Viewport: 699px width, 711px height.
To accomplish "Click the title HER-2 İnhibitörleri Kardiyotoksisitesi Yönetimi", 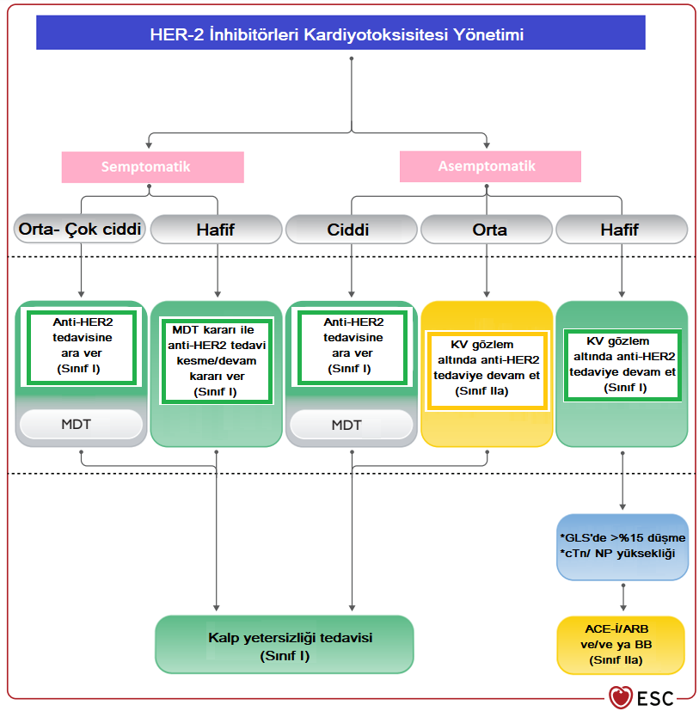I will [348, 35].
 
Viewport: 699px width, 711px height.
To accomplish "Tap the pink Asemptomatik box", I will [486, 166].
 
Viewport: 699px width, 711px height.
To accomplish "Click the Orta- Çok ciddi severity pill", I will [79, 230].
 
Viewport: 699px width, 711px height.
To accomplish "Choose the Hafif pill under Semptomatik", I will [216, 230].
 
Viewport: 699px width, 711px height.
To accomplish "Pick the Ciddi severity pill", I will [351, 230].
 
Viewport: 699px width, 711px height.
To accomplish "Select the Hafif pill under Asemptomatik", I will [622, 230].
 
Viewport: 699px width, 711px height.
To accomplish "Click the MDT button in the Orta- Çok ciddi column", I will [81, 425].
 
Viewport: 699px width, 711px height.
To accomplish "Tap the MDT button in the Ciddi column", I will [351, 425].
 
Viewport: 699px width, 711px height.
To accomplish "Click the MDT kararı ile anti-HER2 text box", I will [217, 360].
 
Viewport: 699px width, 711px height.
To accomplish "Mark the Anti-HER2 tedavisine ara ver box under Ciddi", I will [351, 346].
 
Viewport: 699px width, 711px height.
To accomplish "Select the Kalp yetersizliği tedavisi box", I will [284, 645].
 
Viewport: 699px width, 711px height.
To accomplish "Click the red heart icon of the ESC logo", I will [620, 696].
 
